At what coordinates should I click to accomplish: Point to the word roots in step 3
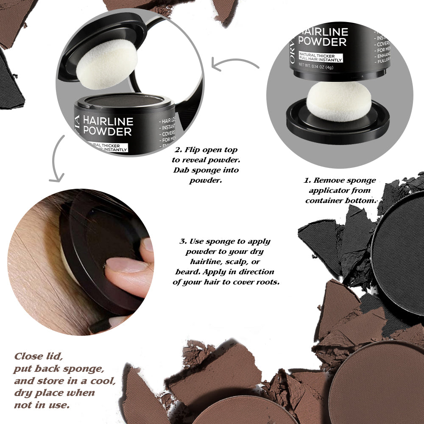[267, 282]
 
